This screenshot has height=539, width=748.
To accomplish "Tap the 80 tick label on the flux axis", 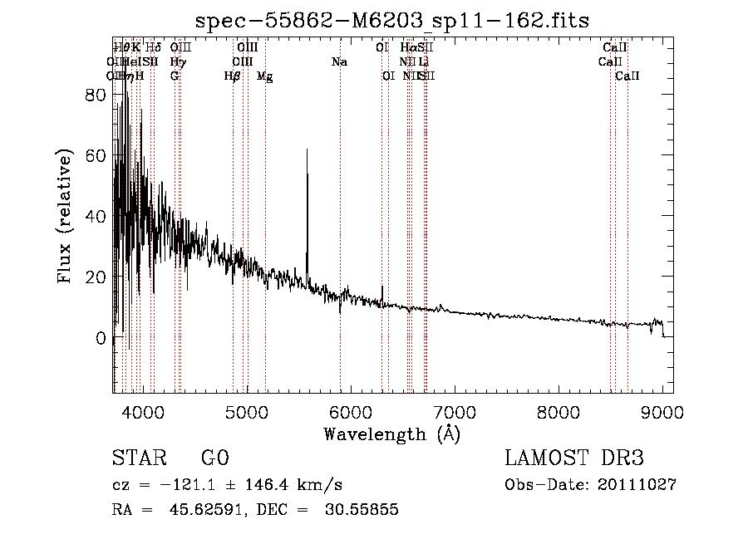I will (96, 95).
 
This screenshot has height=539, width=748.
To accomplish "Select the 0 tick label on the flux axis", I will (101, 338).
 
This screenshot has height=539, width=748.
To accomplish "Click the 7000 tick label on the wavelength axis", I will (455, 413).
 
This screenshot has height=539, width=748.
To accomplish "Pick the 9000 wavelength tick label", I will (663, 413).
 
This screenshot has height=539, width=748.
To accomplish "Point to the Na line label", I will (339, 62).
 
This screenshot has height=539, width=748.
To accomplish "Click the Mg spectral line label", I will (264, 76).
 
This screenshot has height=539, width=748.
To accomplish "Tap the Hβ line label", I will (233, 76).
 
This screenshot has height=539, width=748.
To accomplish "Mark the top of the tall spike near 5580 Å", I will (308, 149).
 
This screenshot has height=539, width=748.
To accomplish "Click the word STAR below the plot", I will (138, 458).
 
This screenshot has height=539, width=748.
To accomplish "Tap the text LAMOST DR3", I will (574, 458).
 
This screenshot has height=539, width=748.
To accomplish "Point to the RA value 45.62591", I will (197, 509).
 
